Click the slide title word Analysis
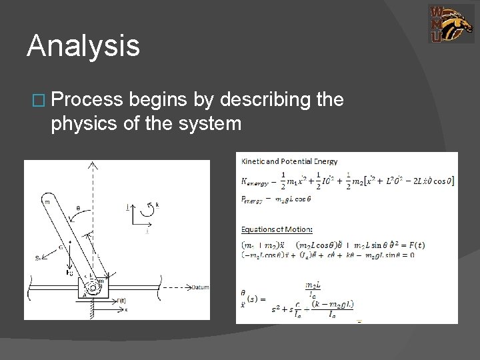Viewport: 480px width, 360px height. click(x=83, y=47)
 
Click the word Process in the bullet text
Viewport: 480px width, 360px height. click(x=87, y=100)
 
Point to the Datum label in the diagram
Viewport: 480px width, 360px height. click(x=199, y=287)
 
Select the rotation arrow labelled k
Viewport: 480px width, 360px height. click(x=155, y=208)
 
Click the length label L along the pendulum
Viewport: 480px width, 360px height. click(x=99, y=255)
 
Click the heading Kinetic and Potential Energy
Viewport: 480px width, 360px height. click(x=289, y=161)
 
